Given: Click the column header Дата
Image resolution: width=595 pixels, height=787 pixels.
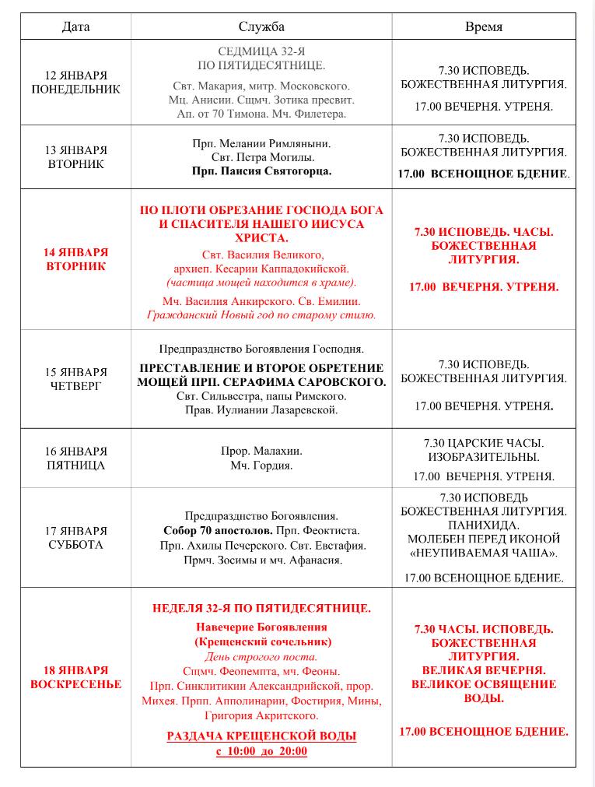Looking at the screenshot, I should [x=75, y=26].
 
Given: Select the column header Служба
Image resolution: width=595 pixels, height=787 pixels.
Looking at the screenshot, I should [x=261, y=26].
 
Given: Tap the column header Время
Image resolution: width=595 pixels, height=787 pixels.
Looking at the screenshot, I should [x=483, y=26].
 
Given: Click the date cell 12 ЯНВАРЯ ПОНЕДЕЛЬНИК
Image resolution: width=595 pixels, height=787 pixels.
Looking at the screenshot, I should [x=75, y=83].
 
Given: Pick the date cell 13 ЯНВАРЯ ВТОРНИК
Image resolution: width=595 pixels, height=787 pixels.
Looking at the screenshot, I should [x=75, y=157].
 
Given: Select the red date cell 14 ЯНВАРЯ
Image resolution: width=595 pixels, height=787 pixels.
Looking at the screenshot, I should [x=75, y=259].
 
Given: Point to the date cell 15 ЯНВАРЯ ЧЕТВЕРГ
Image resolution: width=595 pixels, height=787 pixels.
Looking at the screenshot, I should [x=75, y=379].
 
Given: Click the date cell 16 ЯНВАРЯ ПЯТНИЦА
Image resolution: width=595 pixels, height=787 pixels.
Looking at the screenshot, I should [x=75, y=458].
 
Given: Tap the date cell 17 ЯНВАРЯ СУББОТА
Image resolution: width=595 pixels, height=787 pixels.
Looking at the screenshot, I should [x=75, y=538].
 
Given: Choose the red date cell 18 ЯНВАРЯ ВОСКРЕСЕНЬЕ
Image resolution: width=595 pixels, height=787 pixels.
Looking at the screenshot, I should [x=75, y=677].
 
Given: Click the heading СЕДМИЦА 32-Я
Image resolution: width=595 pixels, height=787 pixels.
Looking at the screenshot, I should [x=261, y=51].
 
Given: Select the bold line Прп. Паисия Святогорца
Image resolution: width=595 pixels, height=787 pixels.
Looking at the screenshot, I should [x=261, y=171].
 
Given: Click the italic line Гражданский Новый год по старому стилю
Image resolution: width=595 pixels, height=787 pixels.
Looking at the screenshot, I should [x=261, y=315].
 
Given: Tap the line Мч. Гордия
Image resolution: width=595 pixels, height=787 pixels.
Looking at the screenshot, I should [x=261, y=466].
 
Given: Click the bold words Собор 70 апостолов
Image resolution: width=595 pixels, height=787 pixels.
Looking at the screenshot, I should [x=205, y=530].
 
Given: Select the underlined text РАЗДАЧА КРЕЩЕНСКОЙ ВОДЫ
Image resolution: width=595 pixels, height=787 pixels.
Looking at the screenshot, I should [x=261, y=736].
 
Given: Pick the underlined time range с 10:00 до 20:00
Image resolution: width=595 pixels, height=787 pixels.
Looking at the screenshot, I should [x=261, y=751].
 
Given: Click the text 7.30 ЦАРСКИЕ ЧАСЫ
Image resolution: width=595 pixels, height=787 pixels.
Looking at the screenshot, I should [x=484, y=443].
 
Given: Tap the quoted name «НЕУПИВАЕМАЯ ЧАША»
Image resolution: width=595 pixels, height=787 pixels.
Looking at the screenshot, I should [x=484, y=553].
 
